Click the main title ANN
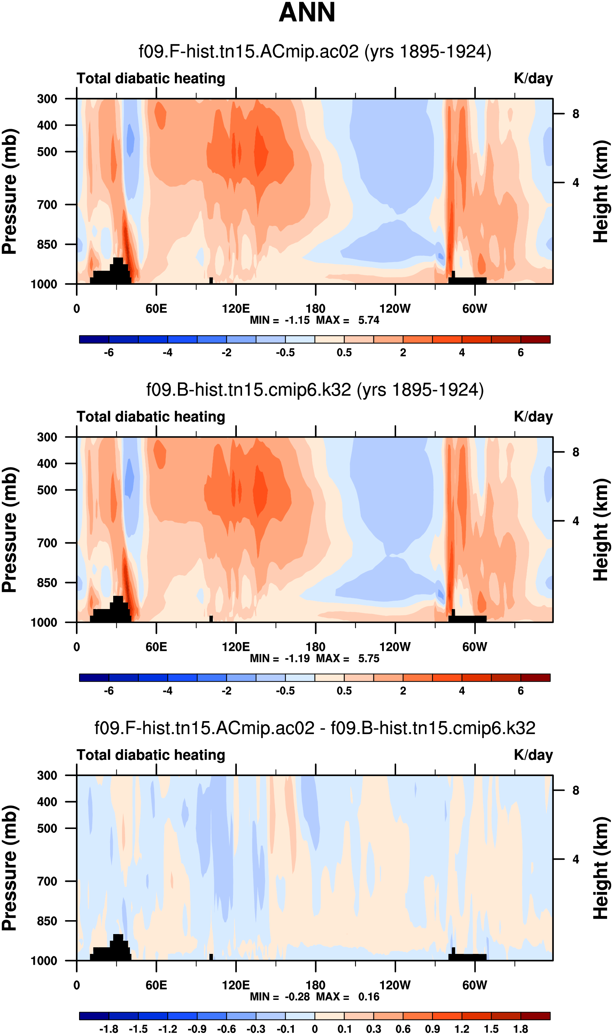tap(306, 13)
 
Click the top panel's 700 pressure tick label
tap(47, 204)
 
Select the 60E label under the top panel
tap(156, 309)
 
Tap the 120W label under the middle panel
tap(395, 647)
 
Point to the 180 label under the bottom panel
tap(315, 985)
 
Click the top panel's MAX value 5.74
tap(368, 320)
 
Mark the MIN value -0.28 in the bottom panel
tap(297, 997)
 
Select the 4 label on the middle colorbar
tap(462, 691)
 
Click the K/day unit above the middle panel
tap(533, 417)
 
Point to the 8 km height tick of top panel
tap(575, 114)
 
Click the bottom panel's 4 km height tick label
tap(575, 859)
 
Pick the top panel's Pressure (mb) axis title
tap(9, 191)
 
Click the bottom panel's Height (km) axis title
tap(601, 868)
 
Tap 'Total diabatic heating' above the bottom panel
tap(151, 755)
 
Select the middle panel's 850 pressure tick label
tap(47, 582)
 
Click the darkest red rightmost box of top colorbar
tap(535, 340)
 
